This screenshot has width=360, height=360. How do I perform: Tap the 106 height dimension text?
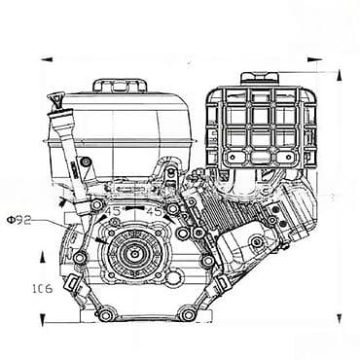[x=40, y=289]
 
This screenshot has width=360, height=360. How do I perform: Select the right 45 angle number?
[x=153, y=210]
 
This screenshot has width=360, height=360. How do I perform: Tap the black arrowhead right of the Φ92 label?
[x=66, y=202]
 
